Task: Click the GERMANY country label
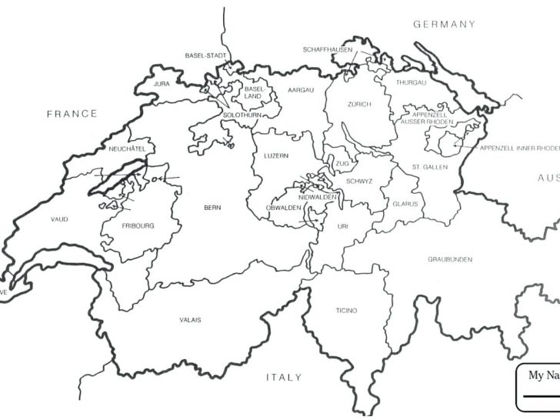(x=445, y=24)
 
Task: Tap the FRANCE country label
(x=72, y=114)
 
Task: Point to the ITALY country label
(x=284, y=377)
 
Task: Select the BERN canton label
(x=212, y=208)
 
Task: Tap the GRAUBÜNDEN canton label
(x=450, y=259)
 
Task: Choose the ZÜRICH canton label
(x=359, y=104)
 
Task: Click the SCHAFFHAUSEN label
(x=328, y=49)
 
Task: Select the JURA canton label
(x=162, y=83)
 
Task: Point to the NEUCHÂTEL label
(x=127, y=148)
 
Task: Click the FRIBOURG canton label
(x=138, y=225)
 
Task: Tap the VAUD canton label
(x=59, y=219)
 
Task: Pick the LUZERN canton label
(x=276, y=156)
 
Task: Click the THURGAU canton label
(x=411, y=82)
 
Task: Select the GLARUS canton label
(x=405, y=204)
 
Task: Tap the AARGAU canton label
(x=301, y=90)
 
